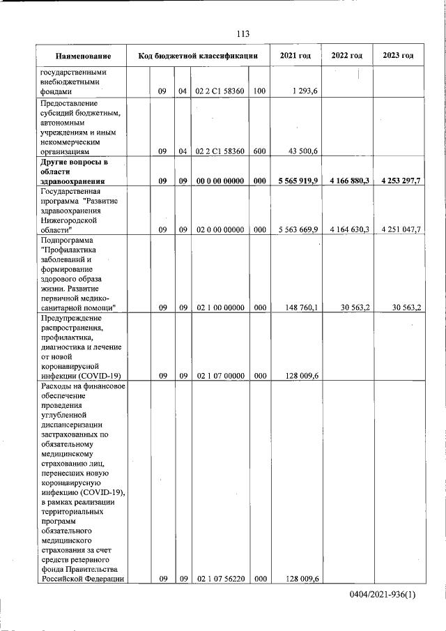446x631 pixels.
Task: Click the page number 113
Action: (243, 34)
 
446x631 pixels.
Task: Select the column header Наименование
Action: (83, 56)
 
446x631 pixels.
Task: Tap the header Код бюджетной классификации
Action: (198, 56)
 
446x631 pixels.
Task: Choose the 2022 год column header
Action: (346, 56)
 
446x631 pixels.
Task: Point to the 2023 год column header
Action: (398, 56)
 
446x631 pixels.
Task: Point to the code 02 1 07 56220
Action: (220, 579)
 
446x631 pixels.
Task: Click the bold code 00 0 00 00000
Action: (220, 181)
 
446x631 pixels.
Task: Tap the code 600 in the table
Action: (259, 150)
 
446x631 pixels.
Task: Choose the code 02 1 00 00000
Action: (220, 307)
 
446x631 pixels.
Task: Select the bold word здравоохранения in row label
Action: (72, 181)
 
